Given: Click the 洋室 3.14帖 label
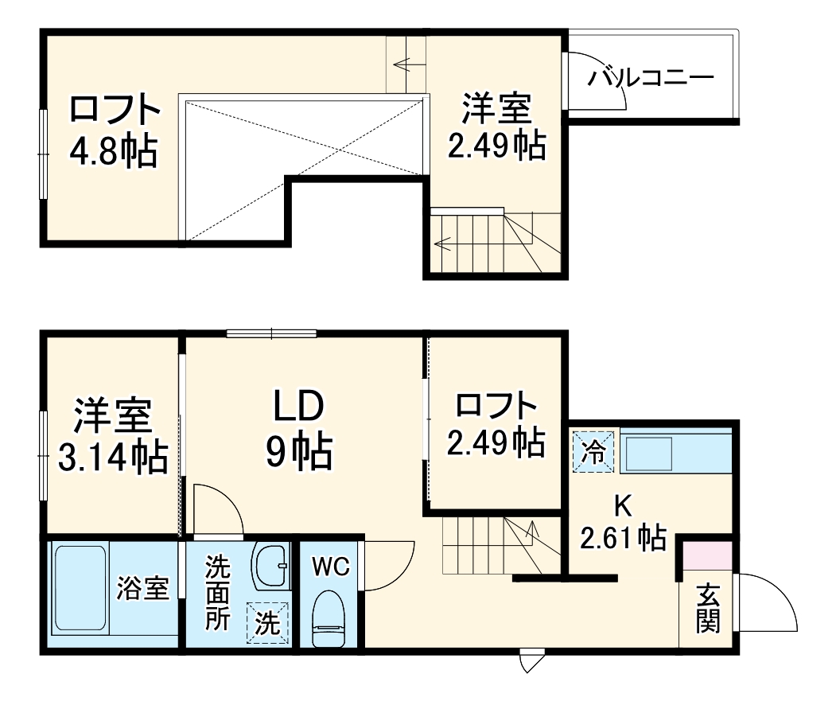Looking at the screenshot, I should click(112, 436).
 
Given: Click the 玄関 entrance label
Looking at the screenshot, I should click(707, 610).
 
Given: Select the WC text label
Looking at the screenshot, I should click(330, 567).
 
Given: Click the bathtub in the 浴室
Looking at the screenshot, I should click(80, 589).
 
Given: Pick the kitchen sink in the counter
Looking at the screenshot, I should click(650, 453).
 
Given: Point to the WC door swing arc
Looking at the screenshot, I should click(390, 565).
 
